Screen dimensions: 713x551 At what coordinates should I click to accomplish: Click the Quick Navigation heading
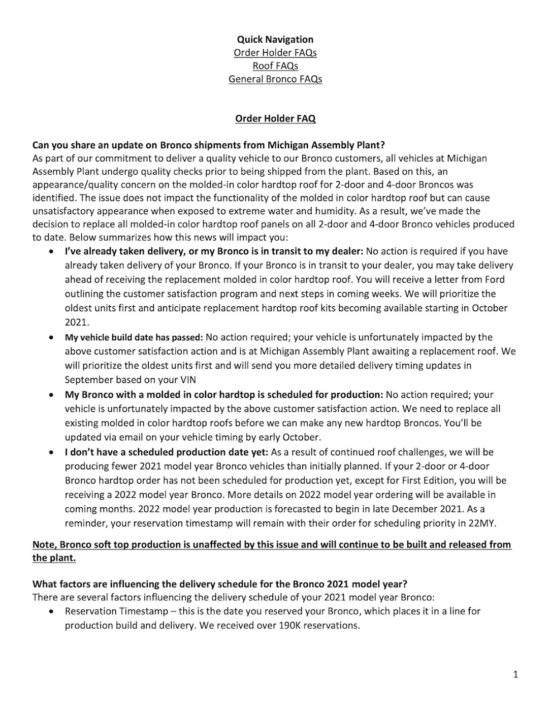(275, 40)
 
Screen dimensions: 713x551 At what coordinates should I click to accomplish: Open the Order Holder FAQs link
(275, 53)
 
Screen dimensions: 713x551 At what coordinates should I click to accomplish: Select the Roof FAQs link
(275, 66)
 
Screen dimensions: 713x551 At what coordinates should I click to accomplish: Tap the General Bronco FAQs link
(275, 79)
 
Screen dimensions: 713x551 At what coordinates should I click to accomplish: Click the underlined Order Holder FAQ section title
(275, 119)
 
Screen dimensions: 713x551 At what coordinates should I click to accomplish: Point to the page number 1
(515, 674)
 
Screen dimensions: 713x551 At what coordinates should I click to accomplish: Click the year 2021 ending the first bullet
(76, 322)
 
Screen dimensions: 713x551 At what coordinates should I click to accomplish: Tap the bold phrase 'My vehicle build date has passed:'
(134, 337)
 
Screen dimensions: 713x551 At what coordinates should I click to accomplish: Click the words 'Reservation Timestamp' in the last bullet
(116, 611)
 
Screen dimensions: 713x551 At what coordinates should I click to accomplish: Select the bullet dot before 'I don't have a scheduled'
(51, 452)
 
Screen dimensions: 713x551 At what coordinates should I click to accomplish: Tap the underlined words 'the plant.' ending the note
(54, 558)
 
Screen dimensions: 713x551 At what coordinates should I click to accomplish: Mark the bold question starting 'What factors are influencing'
(220, 584)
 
